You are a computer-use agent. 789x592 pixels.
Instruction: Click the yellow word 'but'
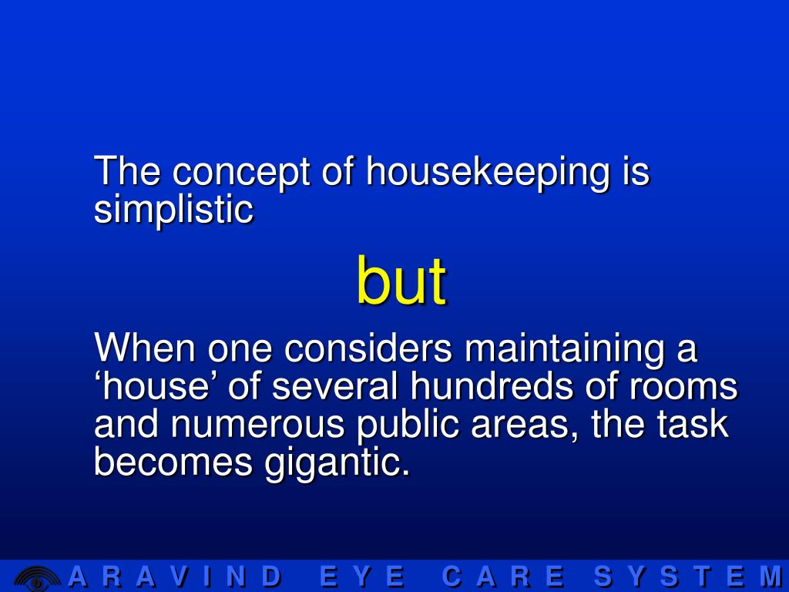401,282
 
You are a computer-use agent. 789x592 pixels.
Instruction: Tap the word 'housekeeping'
488,172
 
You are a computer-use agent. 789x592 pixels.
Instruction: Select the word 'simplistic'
173,210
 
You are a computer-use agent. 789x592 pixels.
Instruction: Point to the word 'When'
145,348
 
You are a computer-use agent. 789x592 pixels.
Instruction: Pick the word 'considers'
368,349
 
